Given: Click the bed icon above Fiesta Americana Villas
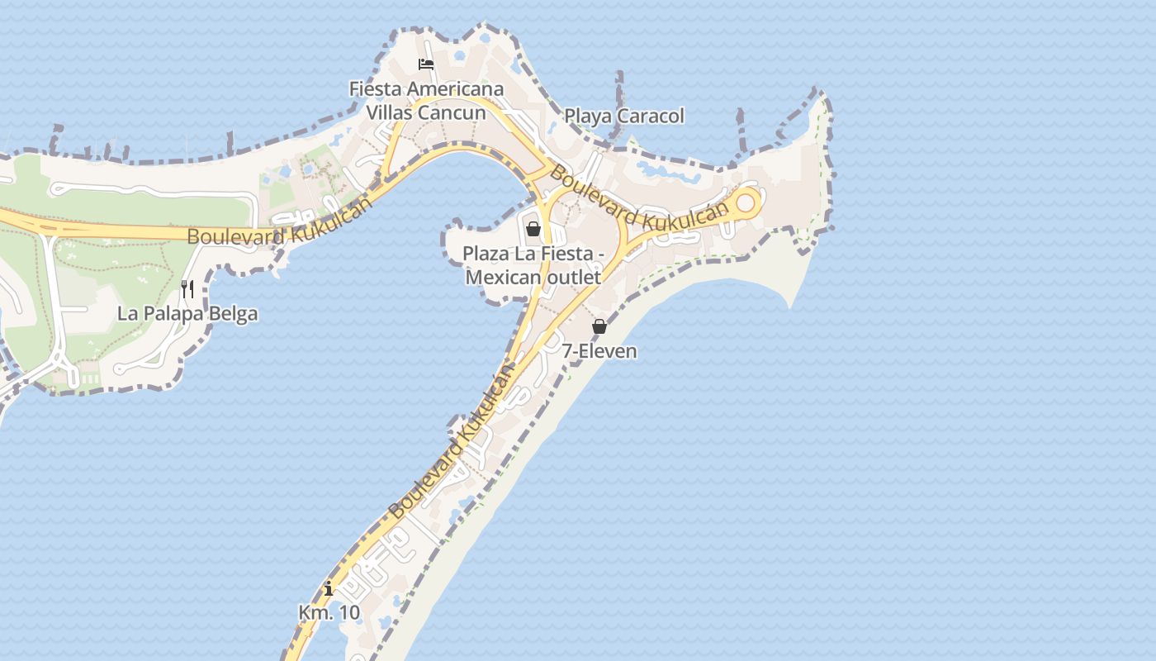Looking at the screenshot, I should pos(426,64).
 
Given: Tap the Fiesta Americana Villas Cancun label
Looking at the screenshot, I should pos(426,100).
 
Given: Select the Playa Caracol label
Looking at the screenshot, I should pos(624,117).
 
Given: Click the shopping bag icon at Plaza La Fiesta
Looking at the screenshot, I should pos(533,228).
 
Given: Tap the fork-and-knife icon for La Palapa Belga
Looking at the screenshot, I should pos(187,288).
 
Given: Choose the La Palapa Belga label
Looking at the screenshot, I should pos(187,314).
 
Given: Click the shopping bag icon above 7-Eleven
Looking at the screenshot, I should pos(599,326).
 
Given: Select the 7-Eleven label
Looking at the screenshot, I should pos(599,351).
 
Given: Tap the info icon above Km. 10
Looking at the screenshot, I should pos(329,589).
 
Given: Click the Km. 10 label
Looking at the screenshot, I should pos(329,613).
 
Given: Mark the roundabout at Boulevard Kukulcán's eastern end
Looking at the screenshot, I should pos(746,202).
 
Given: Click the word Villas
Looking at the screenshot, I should pos(393,112).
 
